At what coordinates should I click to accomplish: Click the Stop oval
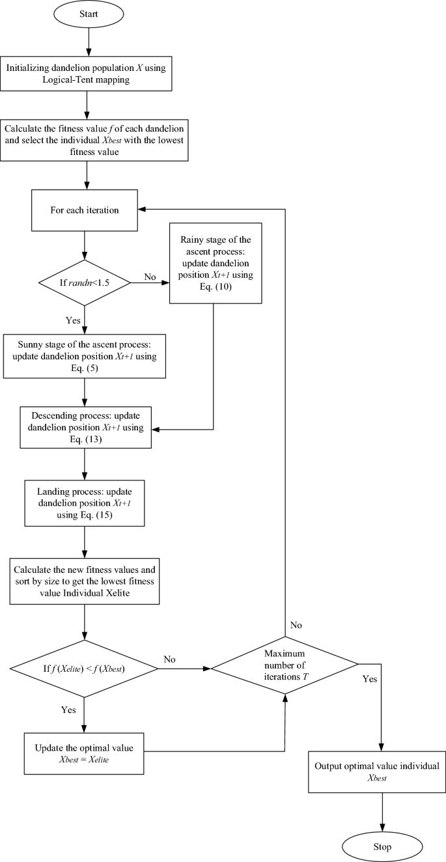pyautogui.click(x=382, y=846)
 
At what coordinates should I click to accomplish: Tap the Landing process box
pyautogui.click(x=85, y=503)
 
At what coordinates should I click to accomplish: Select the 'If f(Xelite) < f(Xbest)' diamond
pyautogui.click(x=85, y=668)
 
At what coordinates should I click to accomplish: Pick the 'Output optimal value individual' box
pyautogui.click(x=382, y=772)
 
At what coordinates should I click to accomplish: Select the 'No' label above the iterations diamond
pyautogui.click(x=296, y=625)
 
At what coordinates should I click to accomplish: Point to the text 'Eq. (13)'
pyautogui.click(x=85, y=439)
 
